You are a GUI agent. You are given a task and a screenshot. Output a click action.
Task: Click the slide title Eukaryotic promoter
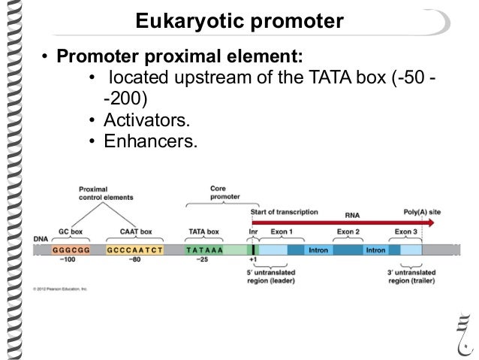pyautogui.click(x=239, y=22)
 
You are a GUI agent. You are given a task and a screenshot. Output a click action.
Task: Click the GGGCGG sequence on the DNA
pyautogui.click(x=71, y=250)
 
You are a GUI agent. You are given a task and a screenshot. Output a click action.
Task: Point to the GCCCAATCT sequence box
pyautogui.click(x=136, y=250)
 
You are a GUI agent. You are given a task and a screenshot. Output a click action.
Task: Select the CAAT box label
pyautogui.click(x=136, y=232)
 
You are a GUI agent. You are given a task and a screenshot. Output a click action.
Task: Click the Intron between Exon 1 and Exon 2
pyautogui.click(x=318, y=250)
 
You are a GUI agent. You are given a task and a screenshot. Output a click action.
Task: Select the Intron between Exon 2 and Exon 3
pyautogui.click(x=375, y=250)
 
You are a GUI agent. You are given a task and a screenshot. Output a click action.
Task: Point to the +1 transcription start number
pyautogui.click(x=253, y=260)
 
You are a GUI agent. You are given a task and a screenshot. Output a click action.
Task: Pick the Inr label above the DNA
pyautogui.click(x=253, y=232)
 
